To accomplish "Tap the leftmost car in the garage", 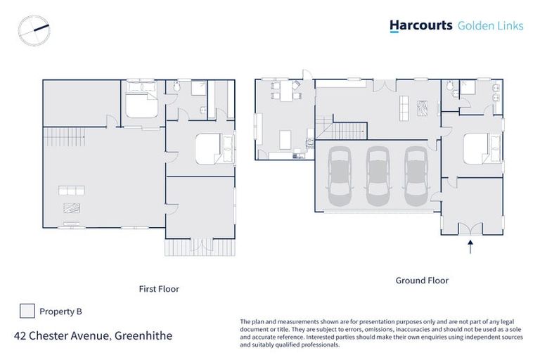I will click(x=340, y=174).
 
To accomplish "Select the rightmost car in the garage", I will click(x=415, y=174).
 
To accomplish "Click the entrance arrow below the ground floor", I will click(x=470, y=245).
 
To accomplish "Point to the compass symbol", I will click(x=34, y=30).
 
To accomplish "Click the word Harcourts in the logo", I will click(x=420, y=26).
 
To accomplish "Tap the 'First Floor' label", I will click(x=158, y=288).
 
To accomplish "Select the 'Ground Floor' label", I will click(x=421, y=280).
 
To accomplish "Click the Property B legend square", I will click(x=27, y=311).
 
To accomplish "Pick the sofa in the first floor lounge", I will click(x=72, y=191).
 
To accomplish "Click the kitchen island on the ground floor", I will click(x=286, y=139).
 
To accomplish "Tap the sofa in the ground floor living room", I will click(x=404, y=107).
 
